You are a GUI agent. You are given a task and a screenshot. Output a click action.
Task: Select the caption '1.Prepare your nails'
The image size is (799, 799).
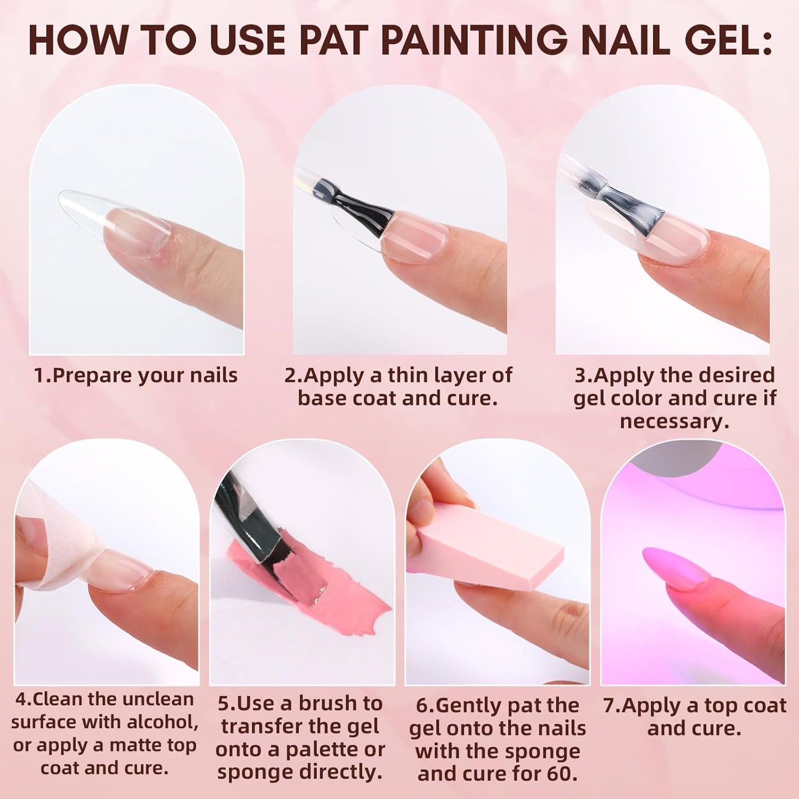pos(135,375)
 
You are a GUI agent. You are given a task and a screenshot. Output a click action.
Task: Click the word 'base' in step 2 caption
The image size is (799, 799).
pos(323,398)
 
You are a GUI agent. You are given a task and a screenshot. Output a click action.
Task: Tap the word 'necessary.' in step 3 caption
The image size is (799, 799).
pos(674,421)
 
